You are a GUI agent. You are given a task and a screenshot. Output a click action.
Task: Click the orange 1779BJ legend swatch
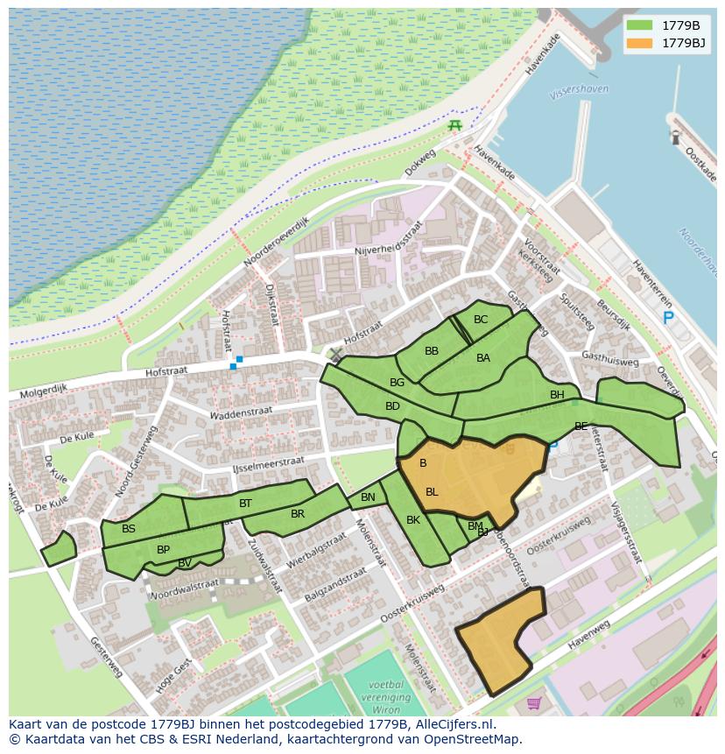point(640,43)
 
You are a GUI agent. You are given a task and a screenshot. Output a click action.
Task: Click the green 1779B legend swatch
point(640,25)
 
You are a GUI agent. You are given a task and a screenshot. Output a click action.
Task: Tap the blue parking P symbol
point(668,319)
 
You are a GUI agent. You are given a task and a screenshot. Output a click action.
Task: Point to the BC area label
point(481,320)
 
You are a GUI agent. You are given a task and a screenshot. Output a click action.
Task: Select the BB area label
point(432,351)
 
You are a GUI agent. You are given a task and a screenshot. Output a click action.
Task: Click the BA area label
point(483,357)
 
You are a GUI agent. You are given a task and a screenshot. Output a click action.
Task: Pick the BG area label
point(398,383)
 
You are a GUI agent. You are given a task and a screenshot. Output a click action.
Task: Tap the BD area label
point(392,406)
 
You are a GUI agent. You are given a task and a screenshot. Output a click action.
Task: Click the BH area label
point(557,395)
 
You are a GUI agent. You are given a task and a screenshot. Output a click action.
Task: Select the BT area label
point(245,504)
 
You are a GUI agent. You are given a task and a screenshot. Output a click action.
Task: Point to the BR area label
point(298,514)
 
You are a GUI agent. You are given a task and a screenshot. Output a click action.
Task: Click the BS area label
point(129,529)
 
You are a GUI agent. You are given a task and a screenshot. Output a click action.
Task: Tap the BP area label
point(163,550)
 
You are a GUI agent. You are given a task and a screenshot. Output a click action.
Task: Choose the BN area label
point(368,497)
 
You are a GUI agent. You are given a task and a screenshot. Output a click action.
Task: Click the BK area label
point(413,520)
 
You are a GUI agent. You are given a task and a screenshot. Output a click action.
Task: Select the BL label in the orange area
point(432,492)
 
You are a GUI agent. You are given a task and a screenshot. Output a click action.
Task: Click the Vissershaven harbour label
point(578,90)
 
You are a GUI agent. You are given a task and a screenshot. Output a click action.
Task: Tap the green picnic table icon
point(454,126)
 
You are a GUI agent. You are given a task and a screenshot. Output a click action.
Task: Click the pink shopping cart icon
point(534,702)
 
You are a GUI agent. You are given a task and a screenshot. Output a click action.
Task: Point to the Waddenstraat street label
point(242,411)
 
